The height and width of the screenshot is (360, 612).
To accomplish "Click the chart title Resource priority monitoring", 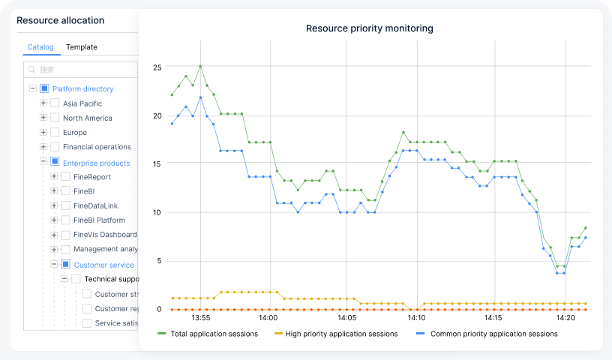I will [369, 28].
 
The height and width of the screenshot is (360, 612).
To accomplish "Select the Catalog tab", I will [40, 47].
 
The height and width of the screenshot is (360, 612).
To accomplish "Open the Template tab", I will [81, 47].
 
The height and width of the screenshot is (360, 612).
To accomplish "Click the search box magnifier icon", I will [31, 70].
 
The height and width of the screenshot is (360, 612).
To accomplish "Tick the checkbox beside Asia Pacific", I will [55, 103].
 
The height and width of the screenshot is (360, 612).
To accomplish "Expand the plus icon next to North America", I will [43, 118].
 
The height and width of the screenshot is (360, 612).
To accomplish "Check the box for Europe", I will [55, 133].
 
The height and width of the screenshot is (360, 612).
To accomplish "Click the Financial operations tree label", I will [97, 147].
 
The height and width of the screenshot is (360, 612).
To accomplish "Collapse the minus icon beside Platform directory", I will [33, 88].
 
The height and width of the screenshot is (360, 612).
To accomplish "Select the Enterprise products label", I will [96, 163].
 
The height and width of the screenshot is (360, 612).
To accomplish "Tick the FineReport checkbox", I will [65, 177].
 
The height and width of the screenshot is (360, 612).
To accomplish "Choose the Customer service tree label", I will [103, 265].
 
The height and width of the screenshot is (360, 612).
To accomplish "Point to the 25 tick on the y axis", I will [157, 67].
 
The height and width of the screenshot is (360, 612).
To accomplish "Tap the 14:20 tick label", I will [567, 318].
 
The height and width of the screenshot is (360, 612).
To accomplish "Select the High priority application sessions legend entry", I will [341, 334].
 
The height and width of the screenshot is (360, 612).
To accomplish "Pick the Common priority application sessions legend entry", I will [493, 334].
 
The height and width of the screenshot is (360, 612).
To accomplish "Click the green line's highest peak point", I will [200, 66].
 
